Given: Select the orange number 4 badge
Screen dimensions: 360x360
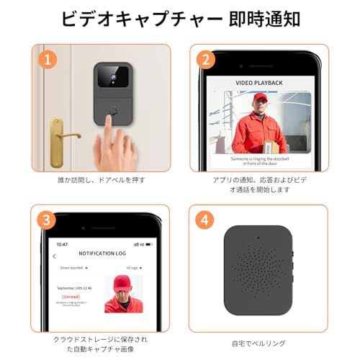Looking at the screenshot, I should pyautogui.click(x=206, y=218).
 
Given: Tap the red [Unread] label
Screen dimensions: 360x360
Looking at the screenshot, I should pyautogui.click(x=71, y=295).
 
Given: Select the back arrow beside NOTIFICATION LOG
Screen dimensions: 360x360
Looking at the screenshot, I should pyautogui.click(x=55, y=256).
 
